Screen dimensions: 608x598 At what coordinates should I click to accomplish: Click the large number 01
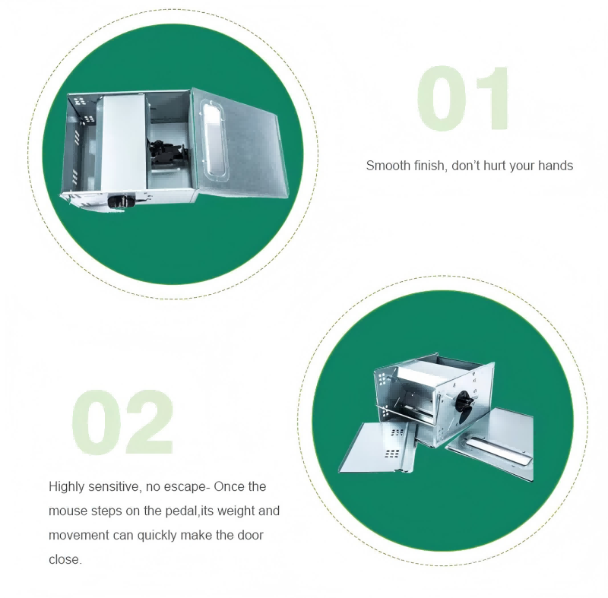pos(463,99)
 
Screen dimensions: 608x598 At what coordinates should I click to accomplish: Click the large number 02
pos(122,422)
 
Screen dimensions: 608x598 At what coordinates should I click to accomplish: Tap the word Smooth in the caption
pos(388,166)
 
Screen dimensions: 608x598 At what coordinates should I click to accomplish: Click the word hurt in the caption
pos(494,166)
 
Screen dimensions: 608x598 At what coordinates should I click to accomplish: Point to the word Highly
pos(66,487)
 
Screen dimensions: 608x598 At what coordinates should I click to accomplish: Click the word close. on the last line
pos(65,560)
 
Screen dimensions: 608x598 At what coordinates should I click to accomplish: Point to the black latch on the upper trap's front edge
pos(122,201)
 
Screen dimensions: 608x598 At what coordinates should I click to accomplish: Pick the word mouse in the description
pos(68,511)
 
